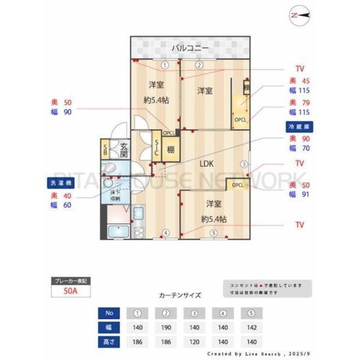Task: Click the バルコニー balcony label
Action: pos(190,47)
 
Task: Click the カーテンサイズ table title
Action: pos(180,295)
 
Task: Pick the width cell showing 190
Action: pos(166,328)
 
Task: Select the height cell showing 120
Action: pos(194,343)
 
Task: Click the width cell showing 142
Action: pos(251,328)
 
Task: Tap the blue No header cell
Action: pos(109,313)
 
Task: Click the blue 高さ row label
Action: pos(109,343)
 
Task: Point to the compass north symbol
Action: pos(298,16)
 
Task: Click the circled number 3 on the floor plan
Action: pos(244,164)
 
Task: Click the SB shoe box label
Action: pos(105,149)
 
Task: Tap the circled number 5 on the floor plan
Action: pos(213,233)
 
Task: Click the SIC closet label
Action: pos(156,148)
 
